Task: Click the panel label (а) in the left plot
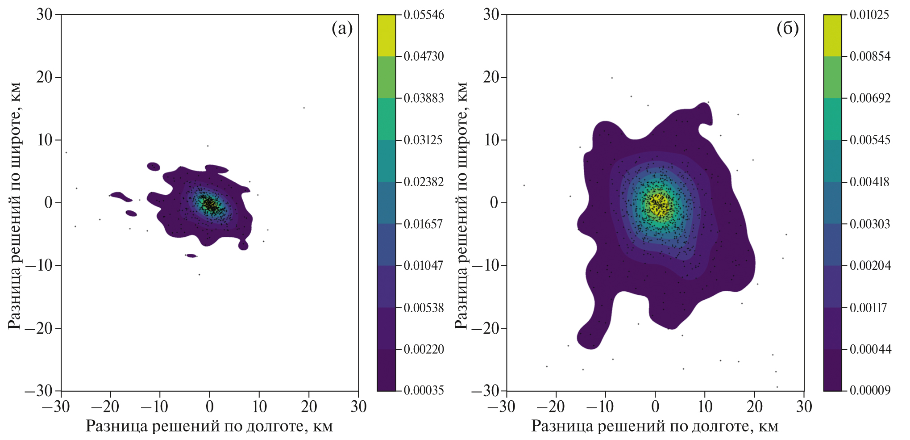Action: coord(342,29)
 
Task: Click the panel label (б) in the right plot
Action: coord(788,29)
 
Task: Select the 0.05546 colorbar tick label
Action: coord(424,15)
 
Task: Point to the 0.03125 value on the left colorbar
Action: coord(424,140)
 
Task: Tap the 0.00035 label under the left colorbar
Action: coord(424,390)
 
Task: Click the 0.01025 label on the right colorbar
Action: coord(869,15)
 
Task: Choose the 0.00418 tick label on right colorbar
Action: coord(869,182)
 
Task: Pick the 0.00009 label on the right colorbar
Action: coord(869,390)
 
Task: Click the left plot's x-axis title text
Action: coord(209,426)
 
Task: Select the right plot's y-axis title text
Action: coord(461,205)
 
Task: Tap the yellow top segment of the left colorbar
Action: coord(386,36)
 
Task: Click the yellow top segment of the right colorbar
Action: coord(832,36)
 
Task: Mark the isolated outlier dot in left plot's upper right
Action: coord(304,108)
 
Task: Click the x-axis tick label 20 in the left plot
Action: coord(309,407)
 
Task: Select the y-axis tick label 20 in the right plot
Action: coord(491,77)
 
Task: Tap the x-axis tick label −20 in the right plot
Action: coord(552,407)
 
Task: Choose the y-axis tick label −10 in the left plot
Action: coord(39,266)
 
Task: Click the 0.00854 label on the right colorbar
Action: coord(869,56)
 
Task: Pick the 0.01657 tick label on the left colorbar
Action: coord(424,224)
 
